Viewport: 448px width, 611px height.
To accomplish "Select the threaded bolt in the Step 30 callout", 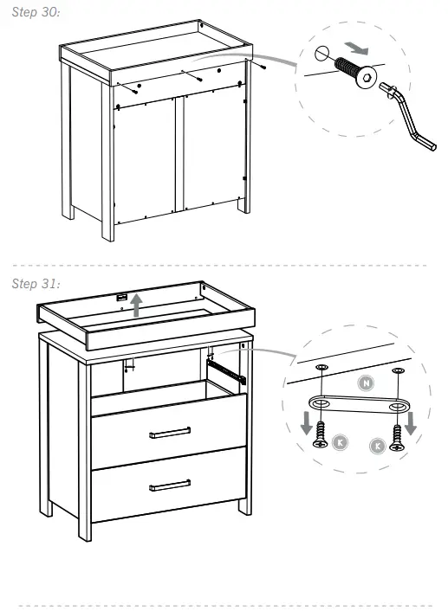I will coord(352,70).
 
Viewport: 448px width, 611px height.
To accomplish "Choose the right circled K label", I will coord(377,446).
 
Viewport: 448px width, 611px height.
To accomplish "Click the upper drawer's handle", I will coord(169,432).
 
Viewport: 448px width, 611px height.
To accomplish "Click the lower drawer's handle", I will coord(169,484).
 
